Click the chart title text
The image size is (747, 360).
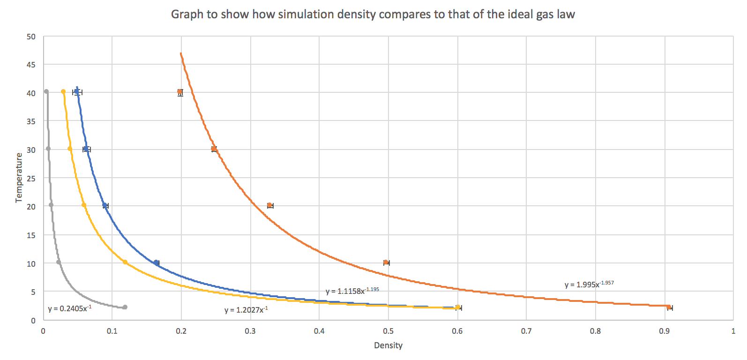tap(373, 14)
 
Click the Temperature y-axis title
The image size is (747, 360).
tap(19, 178)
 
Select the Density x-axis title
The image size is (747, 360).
tap(388, 345)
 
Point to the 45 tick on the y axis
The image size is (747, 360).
tap(31, 65)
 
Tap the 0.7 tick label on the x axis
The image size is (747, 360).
tap(526, 331)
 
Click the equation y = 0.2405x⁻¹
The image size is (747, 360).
tap(70, 308)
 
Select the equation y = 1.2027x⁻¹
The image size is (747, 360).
tap(246, 310)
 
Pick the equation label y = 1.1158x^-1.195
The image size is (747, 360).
tap(352, 291)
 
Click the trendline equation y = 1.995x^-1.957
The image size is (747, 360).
tap(589, 284)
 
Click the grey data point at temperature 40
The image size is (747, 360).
tap(46, 92)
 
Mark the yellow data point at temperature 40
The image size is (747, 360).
tap(63, 92)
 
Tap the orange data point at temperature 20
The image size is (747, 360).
tap(269, 205)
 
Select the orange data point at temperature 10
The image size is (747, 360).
tap(386, 262)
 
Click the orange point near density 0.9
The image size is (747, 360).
tap(669, 307)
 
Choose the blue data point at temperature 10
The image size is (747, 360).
tap(157, 262)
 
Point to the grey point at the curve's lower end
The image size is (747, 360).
tap(125, 307)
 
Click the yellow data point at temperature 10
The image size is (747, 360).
tap(125, 262)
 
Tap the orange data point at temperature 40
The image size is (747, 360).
tap(180, 92)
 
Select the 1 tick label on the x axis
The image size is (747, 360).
tap(733, 331)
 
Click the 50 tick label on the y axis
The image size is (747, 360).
tap(31, 37)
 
